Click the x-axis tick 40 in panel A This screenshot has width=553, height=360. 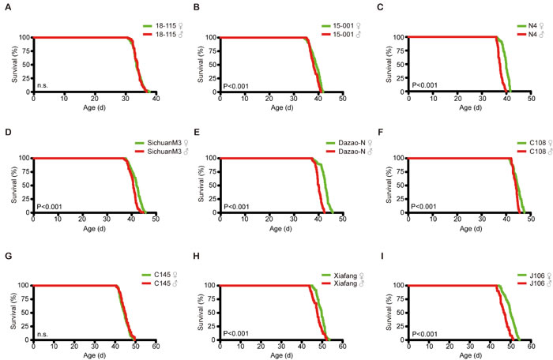tap(156, 99)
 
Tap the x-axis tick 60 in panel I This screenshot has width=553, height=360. tap(529, 347)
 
